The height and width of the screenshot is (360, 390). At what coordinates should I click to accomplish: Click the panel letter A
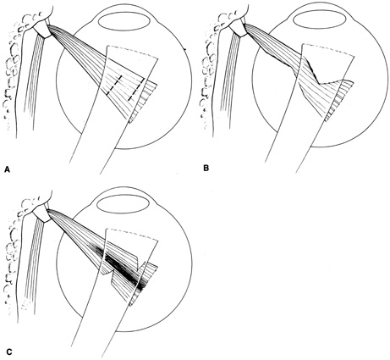[x=8, y=169]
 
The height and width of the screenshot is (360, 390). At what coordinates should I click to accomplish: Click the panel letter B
[x=206, y=168]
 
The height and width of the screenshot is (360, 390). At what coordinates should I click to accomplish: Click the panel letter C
[x=8, y=352]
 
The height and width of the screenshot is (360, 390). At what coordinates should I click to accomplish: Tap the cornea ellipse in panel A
[x=123, y=21]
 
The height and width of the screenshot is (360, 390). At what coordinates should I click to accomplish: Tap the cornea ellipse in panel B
[x=319, y=20]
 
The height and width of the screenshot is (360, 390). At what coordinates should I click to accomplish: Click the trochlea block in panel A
[x=42, y=29]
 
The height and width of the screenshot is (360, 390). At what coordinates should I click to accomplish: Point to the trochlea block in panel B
[x=239, y=28]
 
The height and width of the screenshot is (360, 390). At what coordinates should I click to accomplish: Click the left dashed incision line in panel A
[x=114, y=85]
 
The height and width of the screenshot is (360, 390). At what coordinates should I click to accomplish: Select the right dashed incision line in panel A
[x=136, y=90]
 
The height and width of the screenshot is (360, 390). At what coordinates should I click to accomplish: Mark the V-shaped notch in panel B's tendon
[x=319, y=84]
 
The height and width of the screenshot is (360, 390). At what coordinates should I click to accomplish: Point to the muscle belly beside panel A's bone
[x=34, y=82]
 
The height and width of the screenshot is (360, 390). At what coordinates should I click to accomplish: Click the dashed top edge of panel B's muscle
[x=327, y=49]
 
